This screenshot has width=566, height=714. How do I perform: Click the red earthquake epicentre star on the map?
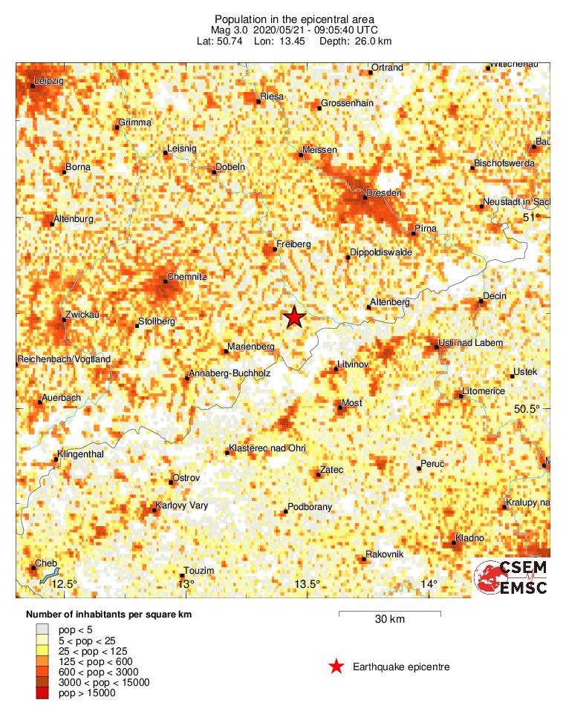point(294,317)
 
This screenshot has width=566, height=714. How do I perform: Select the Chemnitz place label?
point(186,276)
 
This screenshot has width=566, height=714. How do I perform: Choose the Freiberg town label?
point(293,243)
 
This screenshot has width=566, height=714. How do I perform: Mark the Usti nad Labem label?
point(472,343)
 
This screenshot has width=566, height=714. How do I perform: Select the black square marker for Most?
point(339,407)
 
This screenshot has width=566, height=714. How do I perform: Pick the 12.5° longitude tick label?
point(64,584)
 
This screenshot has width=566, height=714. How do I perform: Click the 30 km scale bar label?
point(389,620)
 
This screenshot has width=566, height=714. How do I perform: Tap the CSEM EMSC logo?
point(512,577)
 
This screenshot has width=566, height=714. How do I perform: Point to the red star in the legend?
point(336,666)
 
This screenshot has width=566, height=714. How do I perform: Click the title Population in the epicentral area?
point(294,19)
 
